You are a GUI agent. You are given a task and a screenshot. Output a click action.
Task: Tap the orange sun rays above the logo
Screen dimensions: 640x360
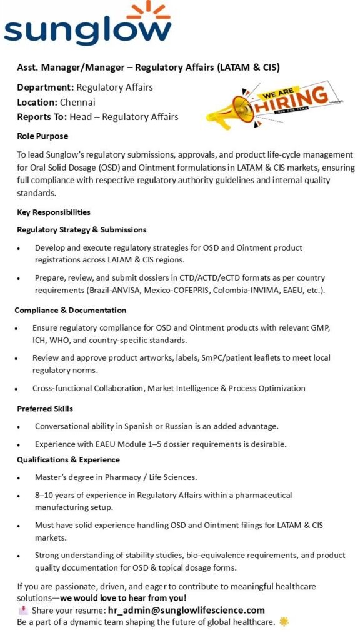point(149,9)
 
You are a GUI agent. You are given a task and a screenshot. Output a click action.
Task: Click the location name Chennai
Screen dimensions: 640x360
point(78,102)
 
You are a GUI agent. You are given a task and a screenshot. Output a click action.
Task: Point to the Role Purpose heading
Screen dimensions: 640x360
point(42,136)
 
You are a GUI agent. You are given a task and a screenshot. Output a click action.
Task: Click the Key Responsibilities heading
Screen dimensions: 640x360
point(53,212)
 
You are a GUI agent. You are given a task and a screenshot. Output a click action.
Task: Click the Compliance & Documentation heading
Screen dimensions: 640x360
point(71,310)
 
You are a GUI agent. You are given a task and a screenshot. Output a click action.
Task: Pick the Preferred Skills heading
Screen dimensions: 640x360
point(45,409)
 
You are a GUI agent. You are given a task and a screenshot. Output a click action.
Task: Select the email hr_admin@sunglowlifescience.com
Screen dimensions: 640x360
point(186,610)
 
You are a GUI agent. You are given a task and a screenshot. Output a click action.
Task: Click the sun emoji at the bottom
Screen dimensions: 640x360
point(284,622)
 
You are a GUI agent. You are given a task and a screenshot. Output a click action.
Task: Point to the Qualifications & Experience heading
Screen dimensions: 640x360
point(68,459)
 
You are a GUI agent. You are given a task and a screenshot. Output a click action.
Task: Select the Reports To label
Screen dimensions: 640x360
point(42,116)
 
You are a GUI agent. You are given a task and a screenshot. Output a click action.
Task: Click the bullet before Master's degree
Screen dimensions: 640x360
point(21,477)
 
